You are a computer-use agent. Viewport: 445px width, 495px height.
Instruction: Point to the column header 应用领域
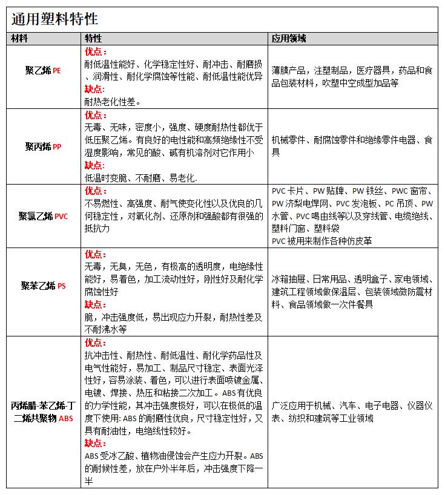289,39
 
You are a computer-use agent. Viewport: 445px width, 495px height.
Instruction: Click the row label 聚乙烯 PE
43,71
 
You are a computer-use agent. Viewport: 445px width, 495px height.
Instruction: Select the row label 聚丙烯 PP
43,146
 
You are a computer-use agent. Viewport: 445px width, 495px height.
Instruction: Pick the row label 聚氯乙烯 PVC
44,216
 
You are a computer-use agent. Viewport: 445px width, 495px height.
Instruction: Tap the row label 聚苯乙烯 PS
43,285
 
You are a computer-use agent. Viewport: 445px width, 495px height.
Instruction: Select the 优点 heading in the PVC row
95,191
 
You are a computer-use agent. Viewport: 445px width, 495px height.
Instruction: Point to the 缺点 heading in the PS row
95,304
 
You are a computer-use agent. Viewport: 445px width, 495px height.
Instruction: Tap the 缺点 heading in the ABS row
95,443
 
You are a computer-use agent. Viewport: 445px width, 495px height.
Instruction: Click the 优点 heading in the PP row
95,115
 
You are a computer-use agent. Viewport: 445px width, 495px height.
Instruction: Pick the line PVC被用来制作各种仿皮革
321,240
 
